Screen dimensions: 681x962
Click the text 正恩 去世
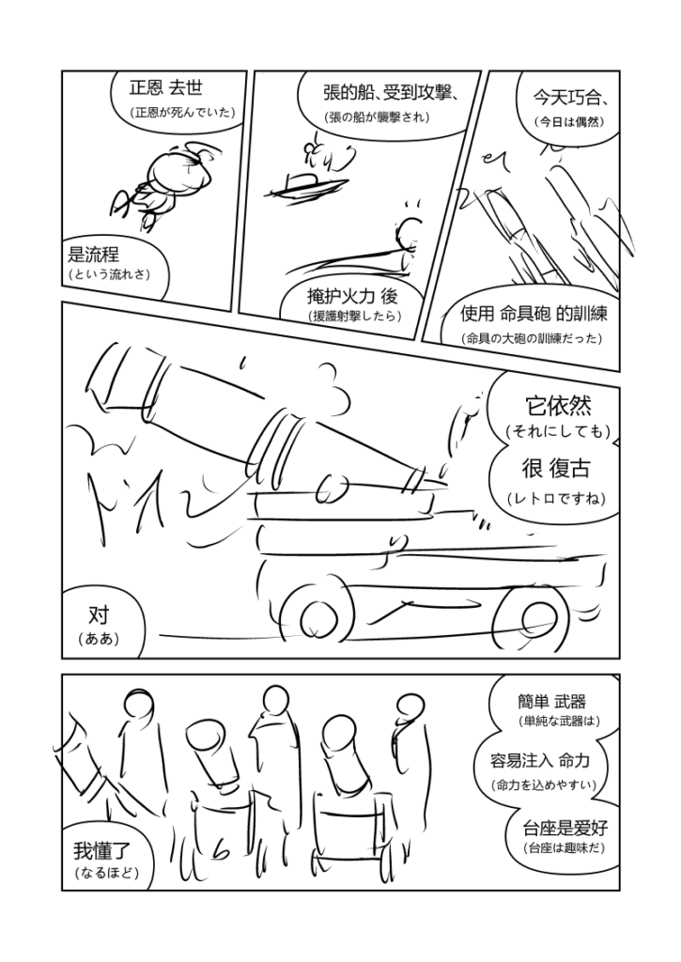(x=165, y=87)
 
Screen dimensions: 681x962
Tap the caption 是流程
(x=93, y=254)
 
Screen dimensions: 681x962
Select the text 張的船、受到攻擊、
(x=392, y=93)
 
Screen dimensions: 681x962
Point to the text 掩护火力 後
(x=352, y=296)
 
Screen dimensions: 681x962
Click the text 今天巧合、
(x=569, y=97)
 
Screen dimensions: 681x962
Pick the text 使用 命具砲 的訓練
(x=534, y=314)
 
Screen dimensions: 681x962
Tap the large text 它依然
(x=558, y=406)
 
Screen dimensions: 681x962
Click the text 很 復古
(x=556, y=468)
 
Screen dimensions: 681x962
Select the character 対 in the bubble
(x=99, y=614)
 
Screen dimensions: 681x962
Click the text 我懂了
(x=101, y=851)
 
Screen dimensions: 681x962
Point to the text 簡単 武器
(x=551, y=701)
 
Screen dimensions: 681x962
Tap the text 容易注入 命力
(x=540, y=761)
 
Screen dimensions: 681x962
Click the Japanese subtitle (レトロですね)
(x=556, y=498)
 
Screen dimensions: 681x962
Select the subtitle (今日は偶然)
(x=568, y=121)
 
